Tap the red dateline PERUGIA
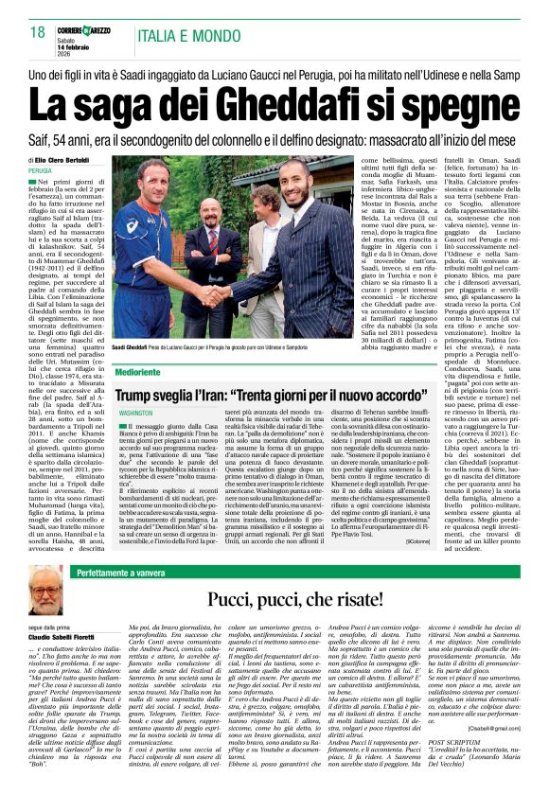pos(41,171)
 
